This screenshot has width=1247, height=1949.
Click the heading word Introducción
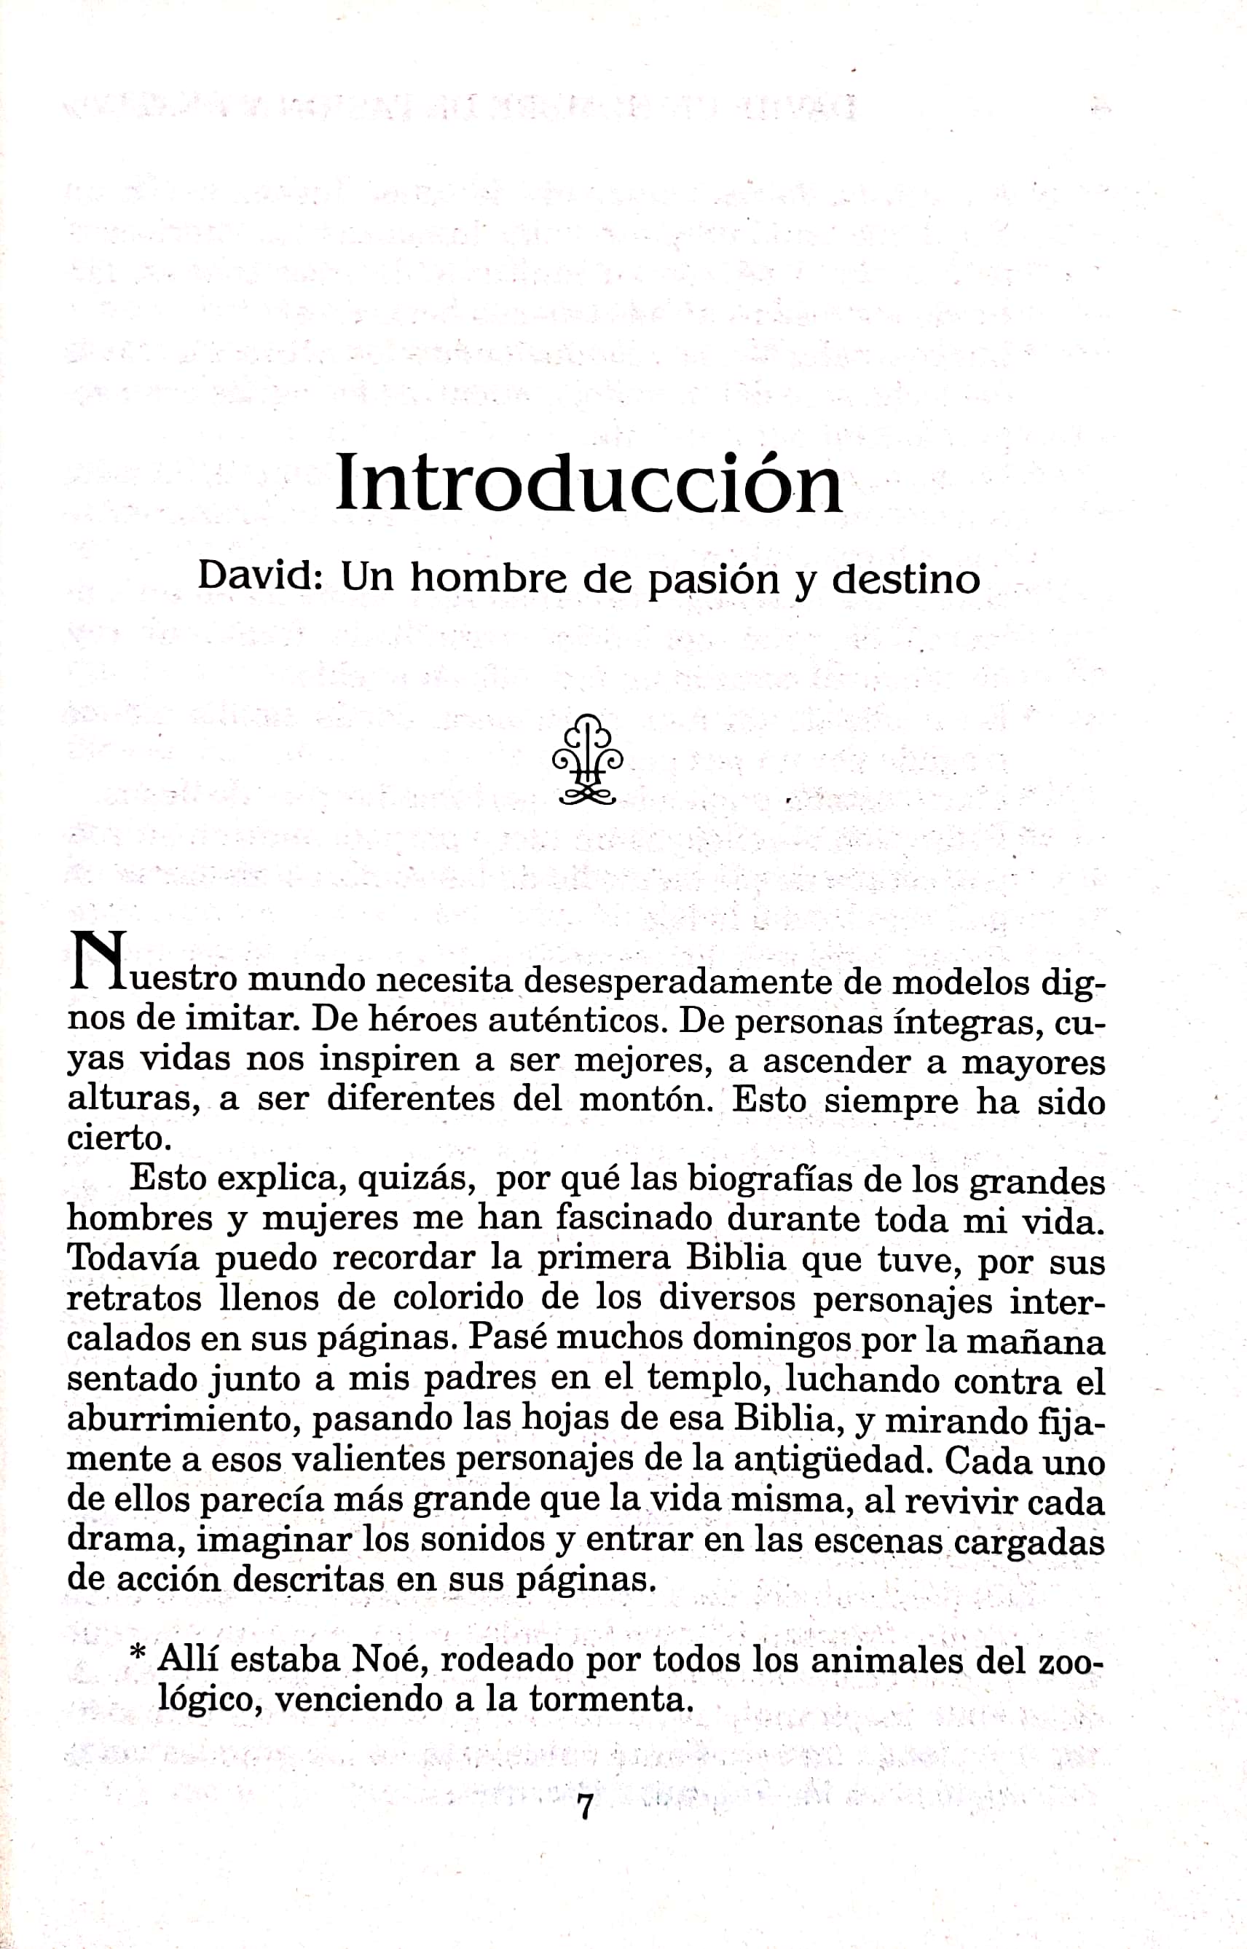(589, 484)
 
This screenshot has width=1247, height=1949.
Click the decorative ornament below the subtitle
(588, 760)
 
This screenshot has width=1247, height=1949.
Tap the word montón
(644, 1100)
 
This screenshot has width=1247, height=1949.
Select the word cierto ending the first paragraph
(118, 1138)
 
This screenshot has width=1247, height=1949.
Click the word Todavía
(132, 1259)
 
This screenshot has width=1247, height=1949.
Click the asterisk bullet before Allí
(138, 1652)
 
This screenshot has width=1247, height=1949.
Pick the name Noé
(384, 1660)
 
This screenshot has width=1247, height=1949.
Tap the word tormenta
(611, 1698)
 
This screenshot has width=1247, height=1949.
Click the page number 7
(585, 1806)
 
